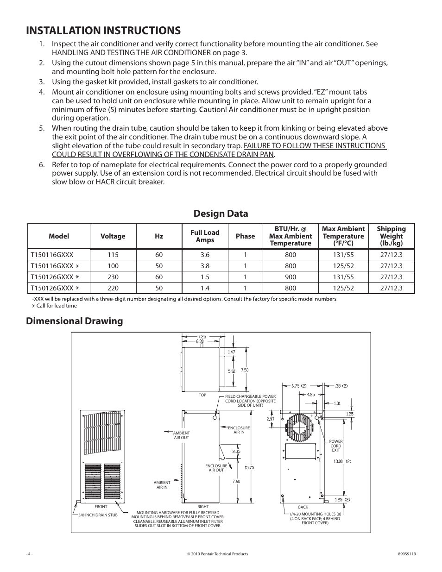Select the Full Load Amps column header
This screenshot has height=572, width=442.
coord(205,236)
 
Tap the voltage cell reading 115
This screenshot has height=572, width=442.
coord(113,255)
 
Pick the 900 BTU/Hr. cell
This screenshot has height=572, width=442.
coord(290,277)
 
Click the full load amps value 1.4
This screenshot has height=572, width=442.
coord(205,288)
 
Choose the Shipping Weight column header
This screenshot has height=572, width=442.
coord(391,236)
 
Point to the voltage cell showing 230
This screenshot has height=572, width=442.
coord(113,277)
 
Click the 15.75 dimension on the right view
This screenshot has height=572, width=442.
coord(249,468)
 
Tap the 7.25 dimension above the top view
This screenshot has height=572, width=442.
coord(202,336)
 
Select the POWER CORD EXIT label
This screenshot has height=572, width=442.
coord(336,446)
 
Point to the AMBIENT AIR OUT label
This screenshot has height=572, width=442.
coord(181,435)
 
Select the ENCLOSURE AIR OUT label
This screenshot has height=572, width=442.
coord(216,468)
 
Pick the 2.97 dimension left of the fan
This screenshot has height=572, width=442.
coord(271,419)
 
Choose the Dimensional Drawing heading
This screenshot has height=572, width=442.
coord(75,321)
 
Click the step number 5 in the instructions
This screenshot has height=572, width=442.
coord(42,128)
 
